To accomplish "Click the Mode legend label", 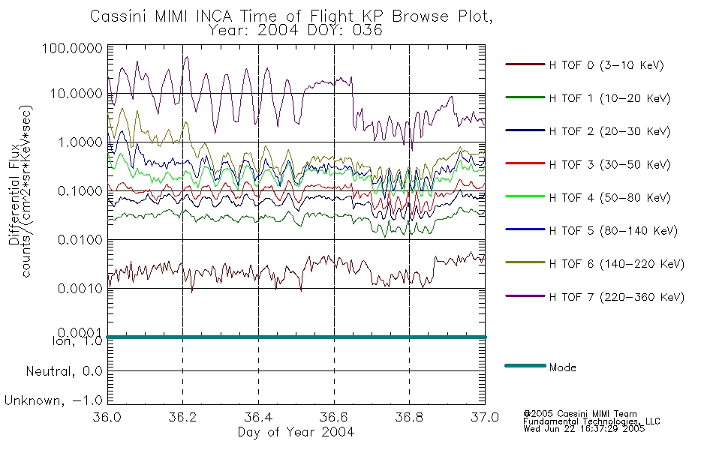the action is click(x=562, y=367).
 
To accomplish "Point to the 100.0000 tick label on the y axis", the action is click(x=72, y=48).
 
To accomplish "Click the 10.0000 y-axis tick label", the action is click(x=76, y=94).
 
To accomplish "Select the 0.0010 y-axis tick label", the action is click(x=80, y=288).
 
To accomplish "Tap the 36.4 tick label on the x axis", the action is click(x=258, y=417).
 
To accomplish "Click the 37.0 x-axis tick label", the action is click(x=485, y=417).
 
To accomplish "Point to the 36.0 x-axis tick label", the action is click(x=107, y=417).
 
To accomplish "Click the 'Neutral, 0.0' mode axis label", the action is click(x=64, y=372).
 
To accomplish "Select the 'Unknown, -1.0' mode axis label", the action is click(x=53, y=400).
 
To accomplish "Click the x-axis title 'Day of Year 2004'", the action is click(x=296, y=432).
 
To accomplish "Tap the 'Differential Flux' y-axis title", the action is click(x=14, y=194).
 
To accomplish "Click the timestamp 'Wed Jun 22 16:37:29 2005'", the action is click(x=584, y=429).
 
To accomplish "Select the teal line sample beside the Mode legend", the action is click(x=525, y=365).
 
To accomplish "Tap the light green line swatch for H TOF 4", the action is click(x=525, y=196).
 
